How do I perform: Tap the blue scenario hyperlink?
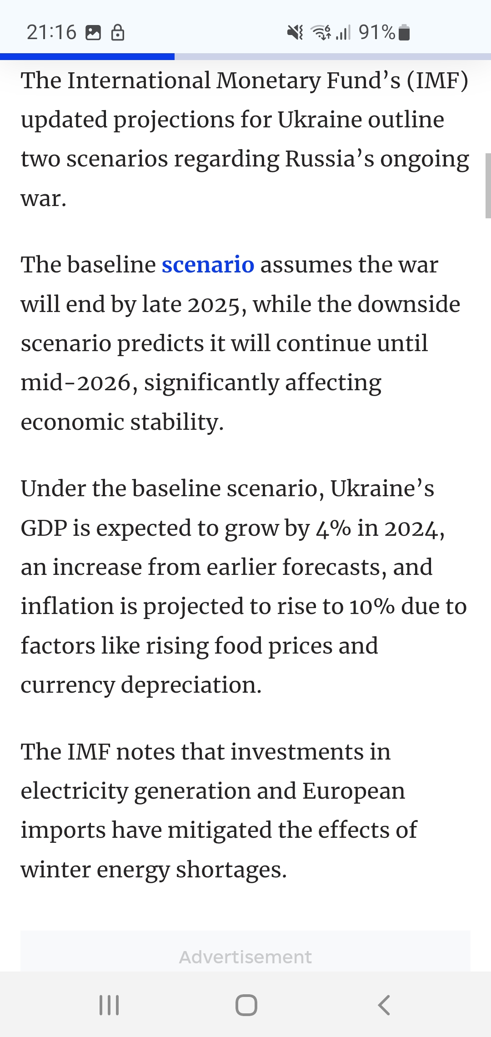coord(208,265)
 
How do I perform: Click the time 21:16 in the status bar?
coord(51,32)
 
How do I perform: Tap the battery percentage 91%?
coord(377,32)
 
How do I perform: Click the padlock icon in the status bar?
coord(118,32)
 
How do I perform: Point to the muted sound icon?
coord(295,32)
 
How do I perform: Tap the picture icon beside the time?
coord(93,33)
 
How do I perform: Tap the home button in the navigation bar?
coord(246,1005)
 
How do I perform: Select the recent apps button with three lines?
coord(109,1005)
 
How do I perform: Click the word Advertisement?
coord(245,957)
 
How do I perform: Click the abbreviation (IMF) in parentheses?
coord(437,81)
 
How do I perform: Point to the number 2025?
coord(214,305)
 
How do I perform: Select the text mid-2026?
coord(76,383)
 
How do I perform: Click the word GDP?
coord(44,529)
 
